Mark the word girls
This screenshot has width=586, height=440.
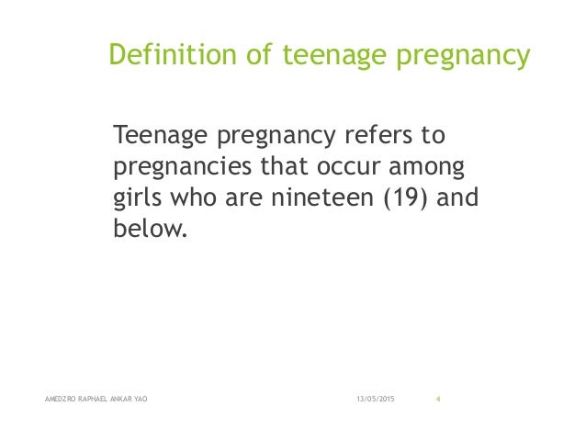click(x=137, y=199)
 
